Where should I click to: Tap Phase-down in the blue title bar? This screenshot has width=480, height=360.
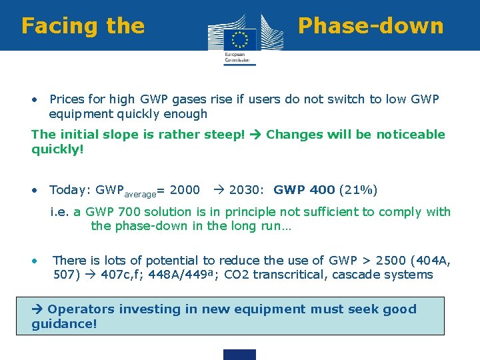click(x=371, y=26)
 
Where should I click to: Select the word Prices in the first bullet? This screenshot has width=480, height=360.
click(x=67, y=99)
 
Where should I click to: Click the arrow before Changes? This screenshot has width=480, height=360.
click(x=256, y=135)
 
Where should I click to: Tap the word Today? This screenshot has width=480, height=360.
click(x=70, y=190)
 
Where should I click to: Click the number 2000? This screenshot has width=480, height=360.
click(x=185, y=190)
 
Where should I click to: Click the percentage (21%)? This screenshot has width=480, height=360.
click(x=358, y=190)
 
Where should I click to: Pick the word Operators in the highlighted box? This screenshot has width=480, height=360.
click(x=81, y=309)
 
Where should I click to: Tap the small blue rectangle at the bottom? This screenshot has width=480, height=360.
click(x=240, y=354)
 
